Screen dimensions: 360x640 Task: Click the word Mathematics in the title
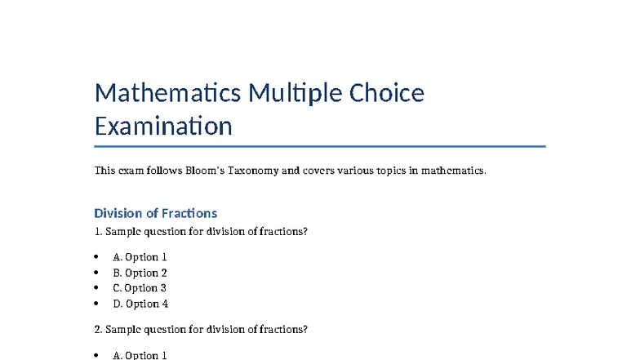click(x=167, y=93)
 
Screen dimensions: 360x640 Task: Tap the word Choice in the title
click(x=387, y=93)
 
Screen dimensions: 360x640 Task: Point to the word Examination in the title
click(x=163, y=127)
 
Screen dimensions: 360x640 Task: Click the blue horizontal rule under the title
click(x=320, y=147)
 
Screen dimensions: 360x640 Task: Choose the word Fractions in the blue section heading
click(x=189, y=213)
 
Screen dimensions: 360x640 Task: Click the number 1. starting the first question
click(x=99, y=232)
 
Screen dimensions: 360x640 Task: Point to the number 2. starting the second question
click(x=99, y=330)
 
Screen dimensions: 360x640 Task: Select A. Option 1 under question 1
click(x=140, y=257)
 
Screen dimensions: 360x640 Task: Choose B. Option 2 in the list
click(x=140, y=273)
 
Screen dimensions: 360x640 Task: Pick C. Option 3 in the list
click(x=140, y=288)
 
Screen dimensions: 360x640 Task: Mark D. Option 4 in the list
click(x=140, y=304)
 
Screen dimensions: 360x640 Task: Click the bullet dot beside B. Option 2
click(x=98, y=273)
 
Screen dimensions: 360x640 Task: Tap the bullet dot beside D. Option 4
click(x=98, y=304)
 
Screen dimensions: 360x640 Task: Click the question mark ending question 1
click(x=305, y=232)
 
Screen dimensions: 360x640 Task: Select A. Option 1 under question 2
click(x=140, y=355)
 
